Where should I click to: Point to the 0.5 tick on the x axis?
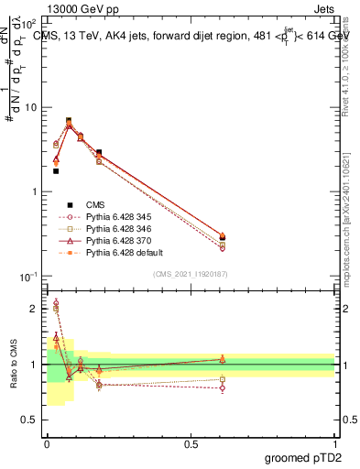tap(191, 442)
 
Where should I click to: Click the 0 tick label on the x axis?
tap(47, 442)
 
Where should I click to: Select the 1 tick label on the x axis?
tap(334, 442)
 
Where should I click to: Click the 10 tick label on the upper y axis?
tap(31, 107)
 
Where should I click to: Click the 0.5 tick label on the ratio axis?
tap(31, 420)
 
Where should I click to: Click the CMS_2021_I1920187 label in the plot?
tap(191, 274)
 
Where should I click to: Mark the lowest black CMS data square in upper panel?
tap(56, 171)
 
